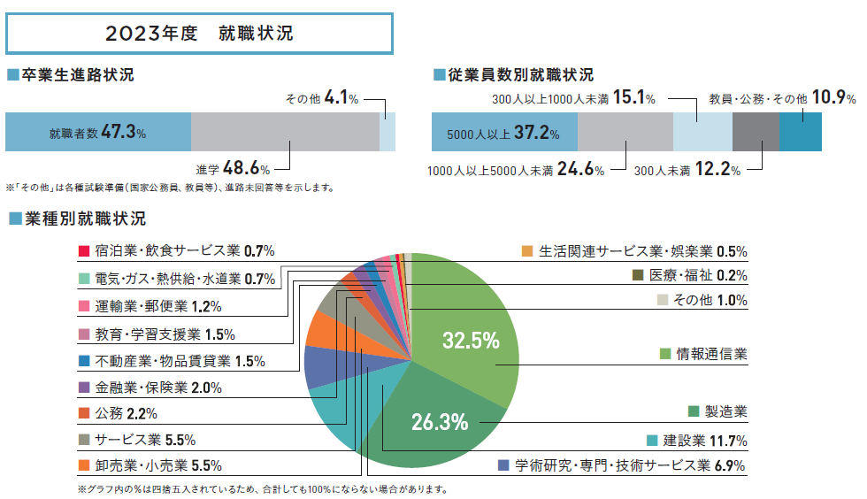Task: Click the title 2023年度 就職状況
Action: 199,35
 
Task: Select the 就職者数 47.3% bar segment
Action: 98,133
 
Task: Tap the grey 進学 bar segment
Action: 285,132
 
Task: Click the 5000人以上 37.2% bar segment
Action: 503,134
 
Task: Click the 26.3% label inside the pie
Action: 439,422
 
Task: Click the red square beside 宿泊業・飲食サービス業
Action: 83,250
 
